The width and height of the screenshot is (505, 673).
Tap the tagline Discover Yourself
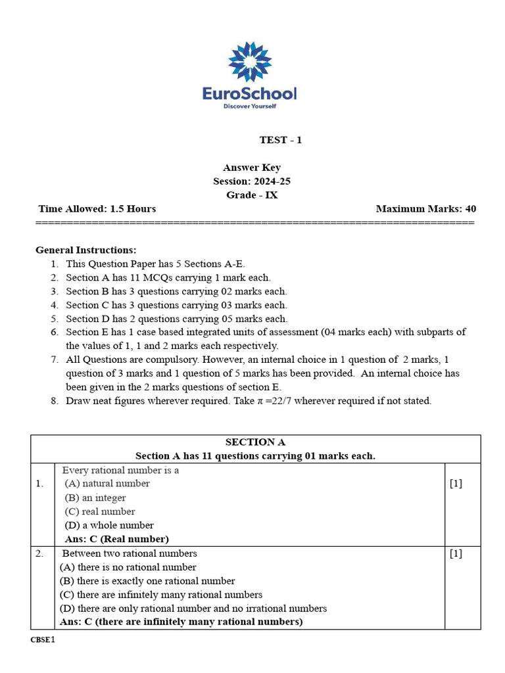point(250,105)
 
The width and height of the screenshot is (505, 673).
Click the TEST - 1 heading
point(281,140)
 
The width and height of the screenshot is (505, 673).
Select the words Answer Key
point(252,168)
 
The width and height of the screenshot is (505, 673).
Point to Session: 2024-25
point(252,181)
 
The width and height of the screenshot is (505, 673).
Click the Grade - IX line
point(252,195)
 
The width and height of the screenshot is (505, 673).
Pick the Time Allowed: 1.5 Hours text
point(97,209)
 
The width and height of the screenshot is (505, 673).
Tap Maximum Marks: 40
point(426,209)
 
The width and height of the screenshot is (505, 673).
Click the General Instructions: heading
point(86,250)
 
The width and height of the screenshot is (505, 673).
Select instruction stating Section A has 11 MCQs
point(168,277)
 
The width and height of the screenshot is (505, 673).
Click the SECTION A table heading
point(255,442)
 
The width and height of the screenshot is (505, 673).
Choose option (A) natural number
point(107,484)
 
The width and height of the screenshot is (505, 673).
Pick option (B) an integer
point(95,498)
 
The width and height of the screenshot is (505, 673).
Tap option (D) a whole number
point(109,525)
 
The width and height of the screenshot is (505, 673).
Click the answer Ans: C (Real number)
point(116,539)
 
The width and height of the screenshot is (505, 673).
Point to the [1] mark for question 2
point(456,553)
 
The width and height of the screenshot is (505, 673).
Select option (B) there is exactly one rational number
point(147,581)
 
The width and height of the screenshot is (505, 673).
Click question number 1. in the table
point(40,484)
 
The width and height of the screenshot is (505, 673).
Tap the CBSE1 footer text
point(43,639)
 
